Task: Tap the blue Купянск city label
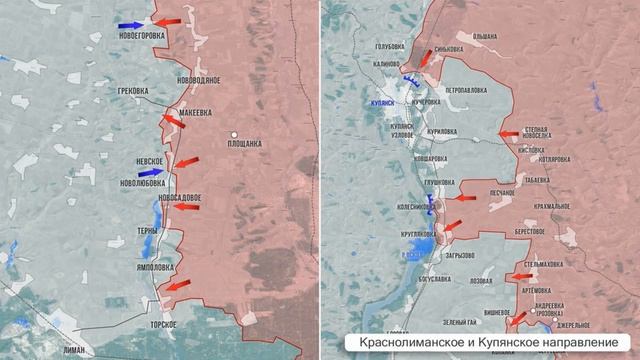pyautogui.click(x=385, y=102)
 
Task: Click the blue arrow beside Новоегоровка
pyautogui.click(x=130, y=25)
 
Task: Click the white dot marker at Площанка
pyautogui.click(x=233, y=134)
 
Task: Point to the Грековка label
pyautogui.click(x=132, y=91)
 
